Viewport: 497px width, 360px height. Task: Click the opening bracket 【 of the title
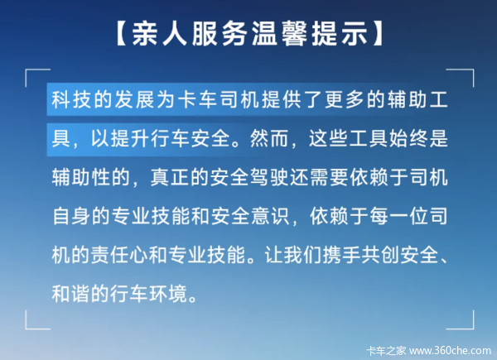122,34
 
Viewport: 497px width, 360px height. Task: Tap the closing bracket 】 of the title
378,34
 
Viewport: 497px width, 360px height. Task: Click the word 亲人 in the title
159,34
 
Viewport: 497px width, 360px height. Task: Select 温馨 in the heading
278,34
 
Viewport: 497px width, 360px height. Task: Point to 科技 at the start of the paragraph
70,100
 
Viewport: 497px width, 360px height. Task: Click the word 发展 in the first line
133,100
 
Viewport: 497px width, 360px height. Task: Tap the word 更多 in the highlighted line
345,100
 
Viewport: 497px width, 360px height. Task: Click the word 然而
268,139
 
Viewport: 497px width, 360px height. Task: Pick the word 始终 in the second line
408,139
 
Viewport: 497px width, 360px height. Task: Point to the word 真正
170,178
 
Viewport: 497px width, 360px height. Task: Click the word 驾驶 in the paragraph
268,178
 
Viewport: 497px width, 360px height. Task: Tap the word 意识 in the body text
268,217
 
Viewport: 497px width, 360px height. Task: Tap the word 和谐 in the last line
70,295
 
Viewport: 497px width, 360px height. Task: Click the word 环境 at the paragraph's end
170,295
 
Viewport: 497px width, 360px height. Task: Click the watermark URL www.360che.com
450,351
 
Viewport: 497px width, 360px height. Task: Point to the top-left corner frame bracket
26,70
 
